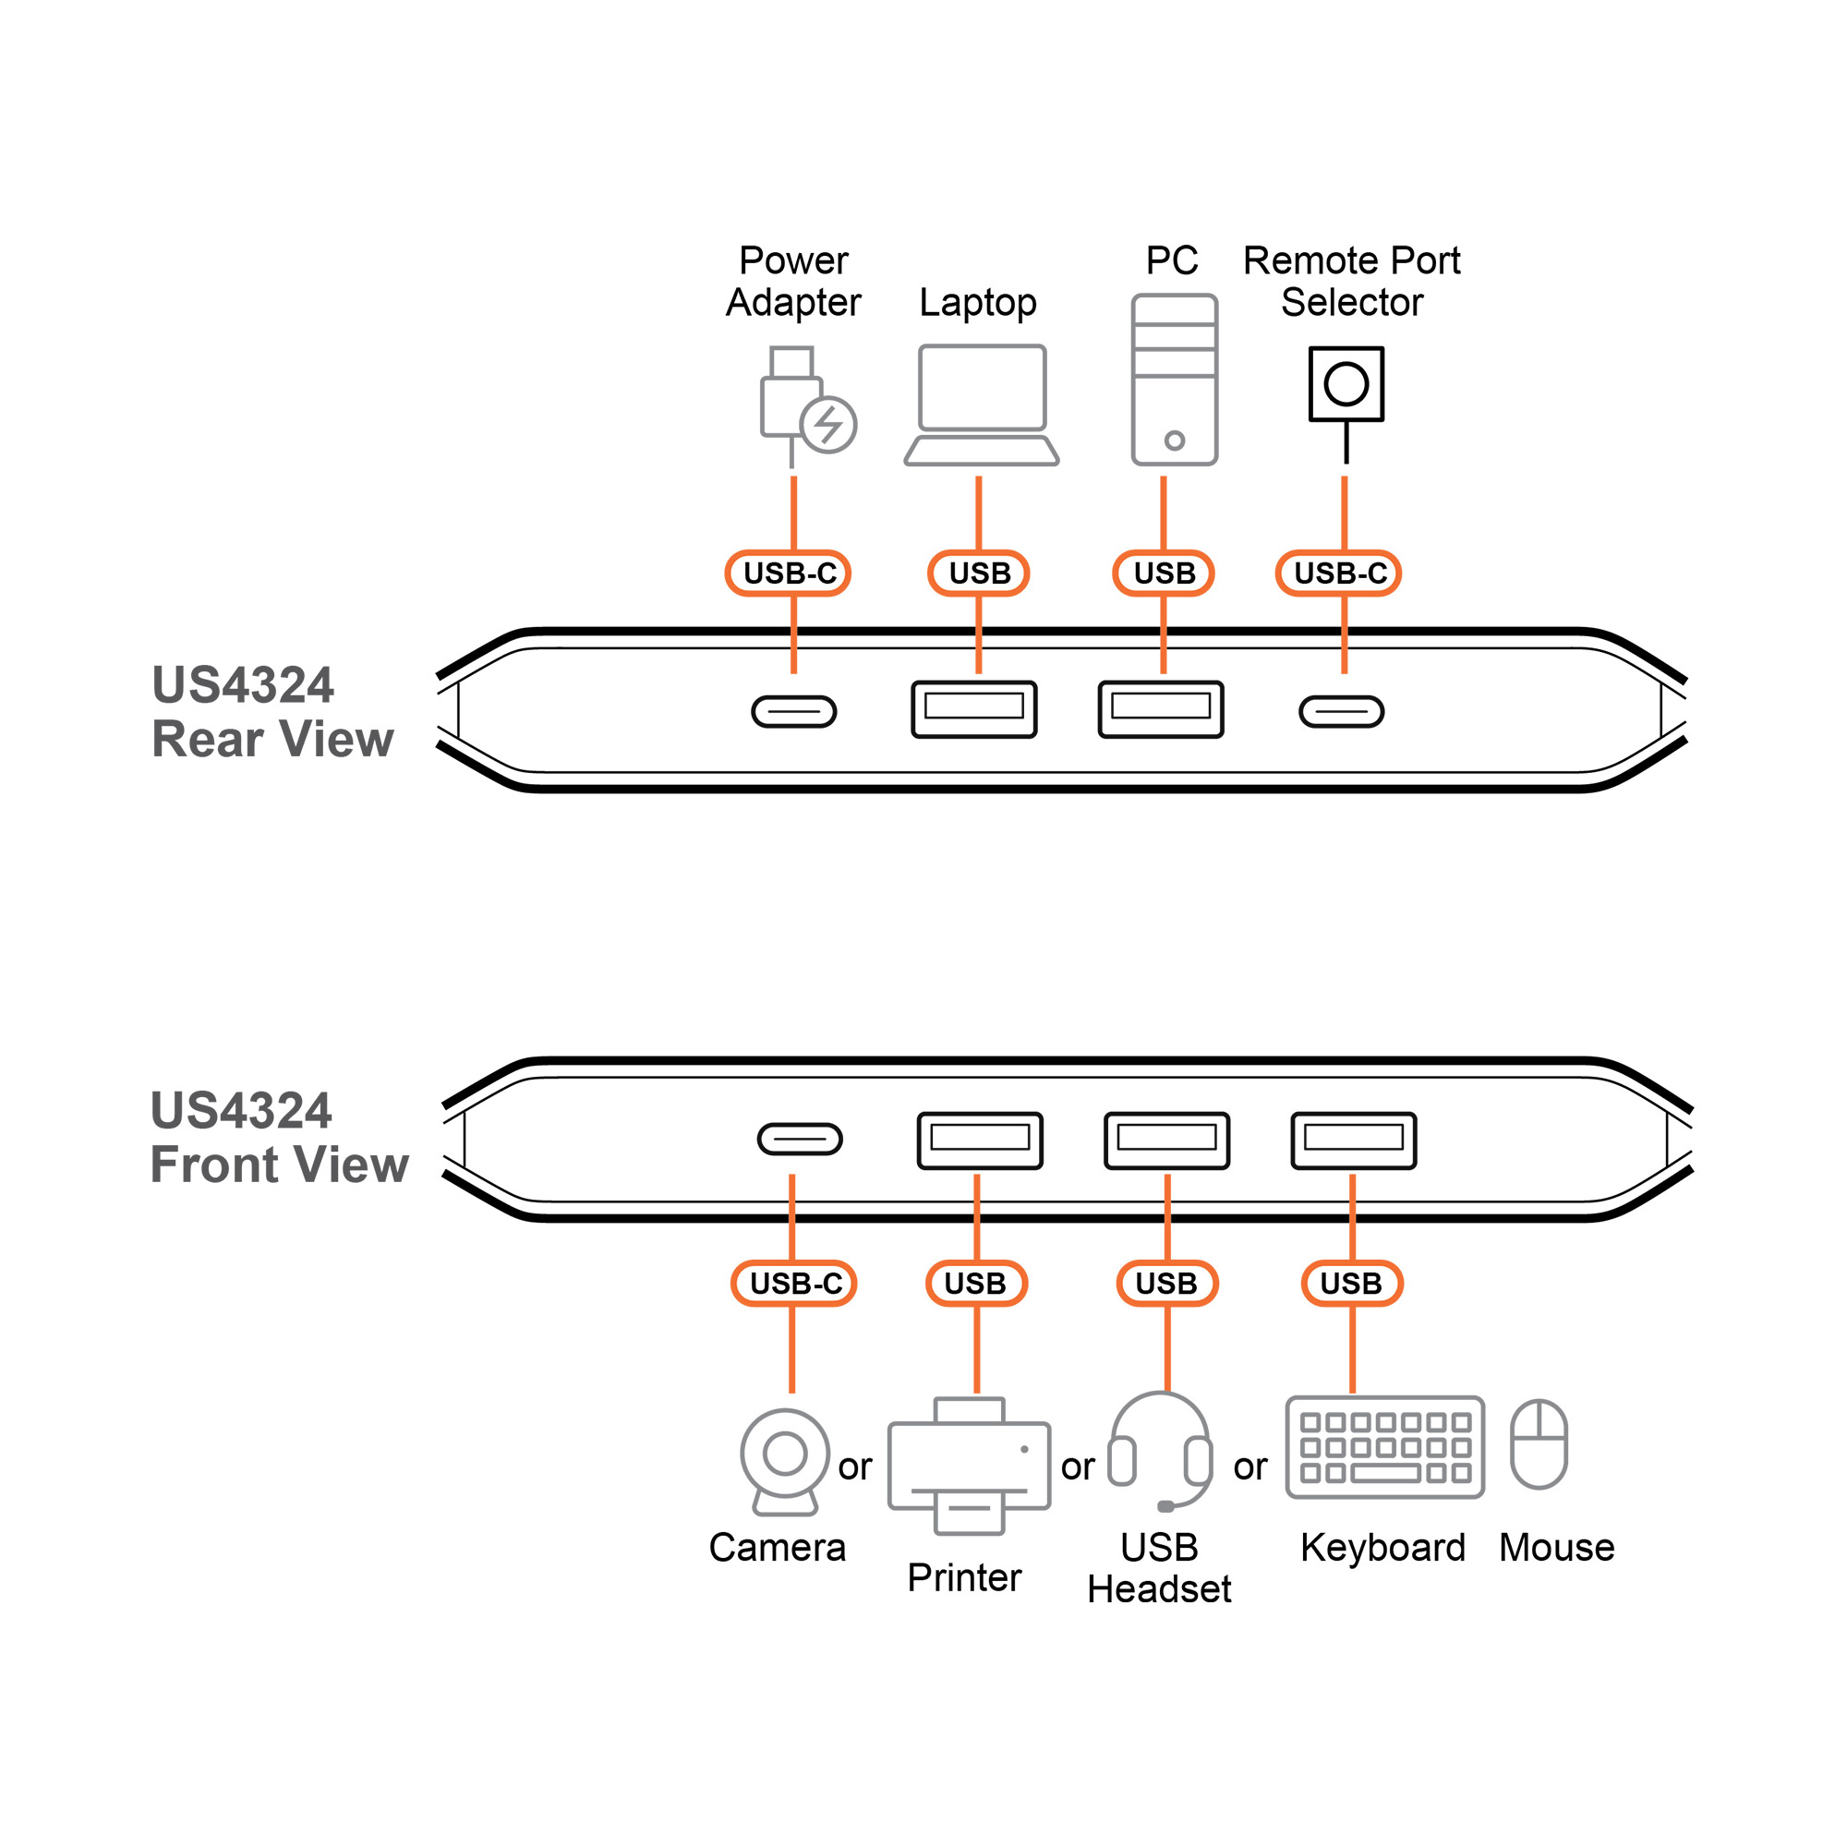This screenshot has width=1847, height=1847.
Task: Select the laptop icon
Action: [x=982, y=405]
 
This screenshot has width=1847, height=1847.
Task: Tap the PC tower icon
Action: [x=1174, y=380]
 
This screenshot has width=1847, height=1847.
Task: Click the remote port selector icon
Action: [x=1346, y=384]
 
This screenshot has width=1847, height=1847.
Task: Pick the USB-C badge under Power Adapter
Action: [x=789, y=573]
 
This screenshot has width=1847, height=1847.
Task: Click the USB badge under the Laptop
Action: [x=979, y=573]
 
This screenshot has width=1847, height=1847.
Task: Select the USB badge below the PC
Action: [x=1164, y=573]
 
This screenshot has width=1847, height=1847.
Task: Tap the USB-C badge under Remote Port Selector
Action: [x=1339, y=573]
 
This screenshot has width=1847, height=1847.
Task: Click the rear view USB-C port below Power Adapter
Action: [x=793, y=711]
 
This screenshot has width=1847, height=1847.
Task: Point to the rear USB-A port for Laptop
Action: [x=974, y=709]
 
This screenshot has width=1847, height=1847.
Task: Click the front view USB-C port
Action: [x=799, y=1139]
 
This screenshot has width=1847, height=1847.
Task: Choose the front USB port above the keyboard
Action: [x=1353, y=1141]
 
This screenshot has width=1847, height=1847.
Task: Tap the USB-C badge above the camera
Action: [x=794, y=1283]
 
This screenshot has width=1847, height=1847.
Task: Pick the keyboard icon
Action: [x=1384, y=1447]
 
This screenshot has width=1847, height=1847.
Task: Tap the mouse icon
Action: [x=1539, y=1443]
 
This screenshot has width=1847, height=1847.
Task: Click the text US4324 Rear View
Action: [x=272, y=712]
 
